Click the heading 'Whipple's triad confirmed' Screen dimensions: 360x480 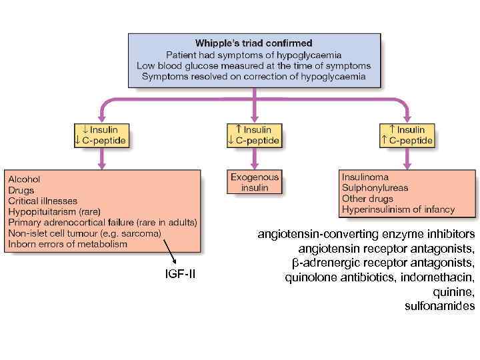[253, 43]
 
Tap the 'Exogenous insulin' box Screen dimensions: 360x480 [255, 183]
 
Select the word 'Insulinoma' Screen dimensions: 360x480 [365, 177]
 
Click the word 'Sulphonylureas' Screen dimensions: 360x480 [375, 188]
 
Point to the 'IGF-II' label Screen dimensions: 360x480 [181, 274]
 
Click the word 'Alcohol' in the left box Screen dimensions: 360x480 [24, 179]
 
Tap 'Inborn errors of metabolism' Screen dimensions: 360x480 [67, 244]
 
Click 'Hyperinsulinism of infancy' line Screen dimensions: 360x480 [398, 209]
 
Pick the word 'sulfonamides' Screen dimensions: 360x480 [440, 307]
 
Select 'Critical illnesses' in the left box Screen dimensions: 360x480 [43, 201]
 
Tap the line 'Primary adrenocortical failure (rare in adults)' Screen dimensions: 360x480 [102, 222]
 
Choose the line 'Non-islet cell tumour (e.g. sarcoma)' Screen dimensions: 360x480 [84, 233]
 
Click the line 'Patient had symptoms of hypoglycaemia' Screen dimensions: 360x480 [253, 55]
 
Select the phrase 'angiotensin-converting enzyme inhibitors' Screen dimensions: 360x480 [366, 234]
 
